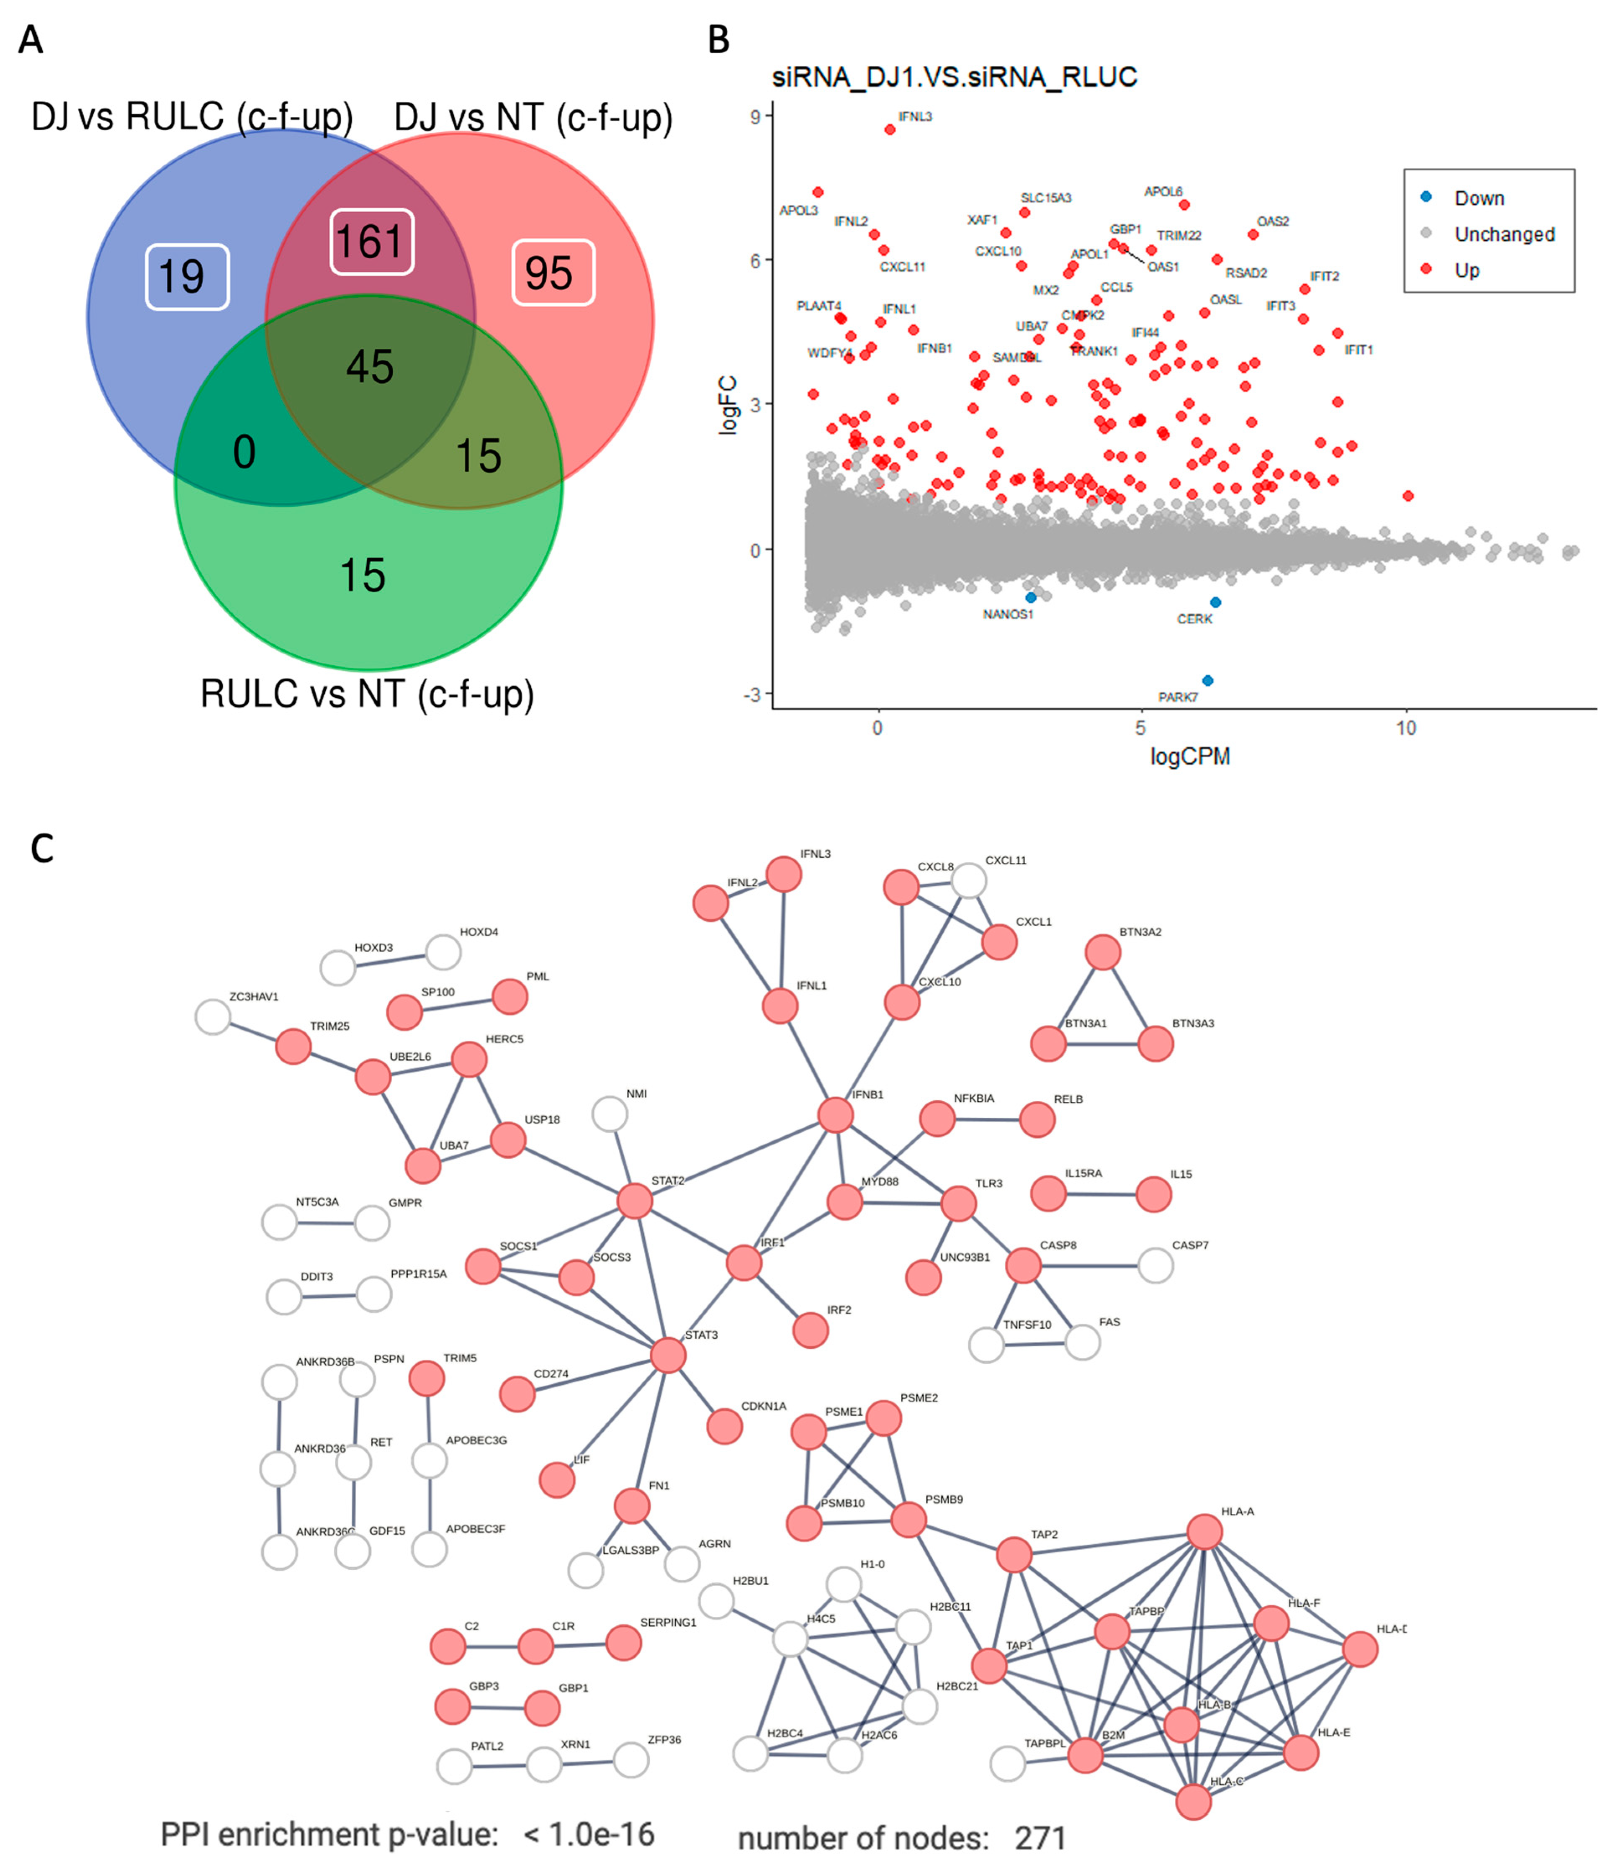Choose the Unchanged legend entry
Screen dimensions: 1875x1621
pyautogui.click(x=1503, y=234)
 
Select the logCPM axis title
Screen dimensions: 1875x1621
pyautogui.click(x=1189, y=756)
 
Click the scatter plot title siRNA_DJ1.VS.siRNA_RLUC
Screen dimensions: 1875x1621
pyautogui.click(x=954, y=77)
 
